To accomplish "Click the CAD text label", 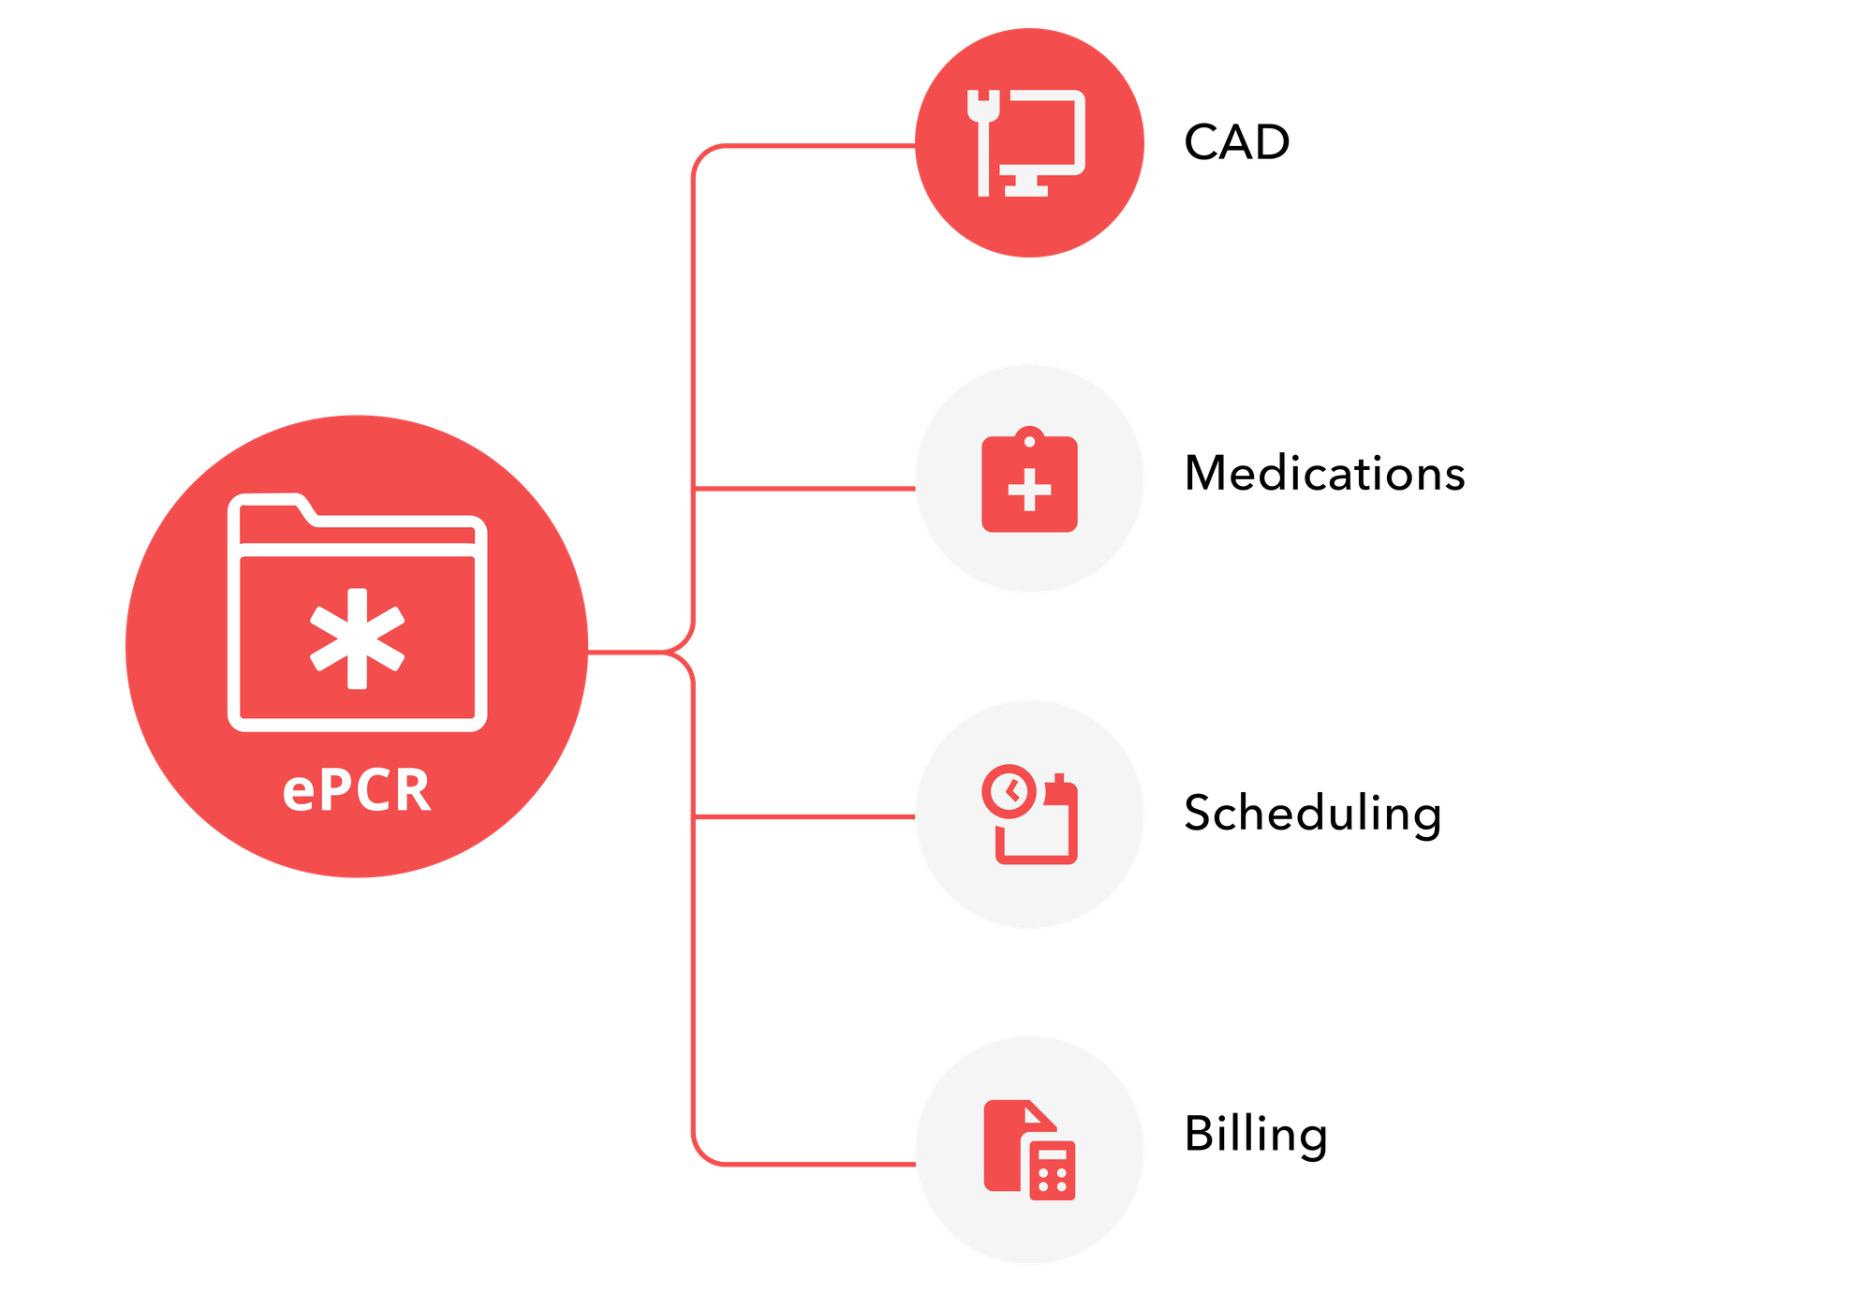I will click(x=1236, y=142).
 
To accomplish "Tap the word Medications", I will click(x=1324, y=473).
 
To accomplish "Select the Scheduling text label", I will click(x=1311, y=813).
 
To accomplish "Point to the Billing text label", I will click(x=1255, y=1135).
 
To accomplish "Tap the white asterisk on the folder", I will click(x=357, y=639).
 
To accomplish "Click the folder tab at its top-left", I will click(x=272, y=511).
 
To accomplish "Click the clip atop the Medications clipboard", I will click(x=1029, y=436).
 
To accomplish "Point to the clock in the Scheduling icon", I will click(x=1009, y=791).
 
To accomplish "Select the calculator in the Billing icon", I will click(x=1053, y=1170).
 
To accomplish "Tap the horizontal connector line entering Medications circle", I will click(x=805, y=489).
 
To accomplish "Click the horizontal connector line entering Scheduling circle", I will click(x=805, y=816).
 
